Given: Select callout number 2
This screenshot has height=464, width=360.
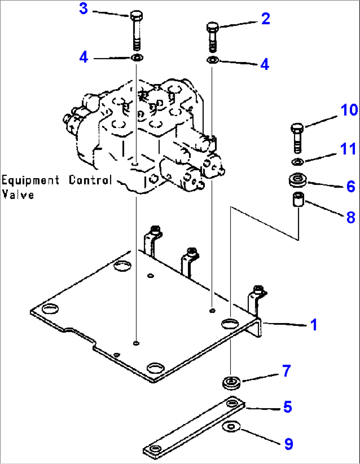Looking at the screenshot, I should point(266,18).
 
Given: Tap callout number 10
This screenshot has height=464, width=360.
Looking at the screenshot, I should point(349,110).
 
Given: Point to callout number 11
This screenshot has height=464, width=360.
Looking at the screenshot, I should point(348,149).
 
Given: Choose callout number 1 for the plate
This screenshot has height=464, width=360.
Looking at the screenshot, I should point(313,324).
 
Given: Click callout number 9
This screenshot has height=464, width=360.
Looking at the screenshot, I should point(288,444).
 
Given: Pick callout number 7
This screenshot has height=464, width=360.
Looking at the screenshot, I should point(286,371).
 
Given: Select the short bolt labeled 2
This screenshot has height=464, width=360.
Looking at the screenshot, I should point(212,36).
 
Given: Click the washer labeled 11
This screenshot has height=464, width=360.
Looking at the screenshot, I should point(298,162).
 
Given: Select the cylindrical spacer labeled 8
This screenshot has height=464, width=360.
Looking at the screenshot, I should point(299,200).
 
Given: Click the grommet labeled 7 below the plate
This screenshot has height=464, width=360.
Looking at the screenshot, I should point(231,383).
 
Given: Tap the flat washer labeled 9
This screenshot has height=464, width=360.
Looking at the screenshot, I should point(231,426).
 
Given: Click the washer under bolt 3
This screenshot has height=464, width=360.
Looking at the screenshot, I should point(136,58).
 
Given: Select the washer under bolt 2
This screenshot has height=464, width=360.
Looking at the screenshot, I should point(212,60).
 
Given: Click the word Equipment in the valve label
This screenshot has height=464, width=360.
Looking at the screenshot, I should point(30,181).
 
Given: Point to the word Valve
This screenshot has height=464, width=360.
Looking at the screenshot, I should point(18,194).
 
